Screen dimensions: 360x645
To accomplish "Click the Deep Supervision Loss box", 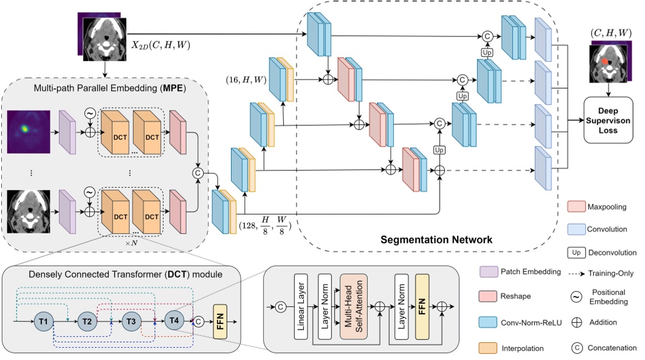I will tap(609, 120).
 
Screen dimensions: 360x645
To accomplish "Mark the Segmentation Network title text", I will tap(436, 240).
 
